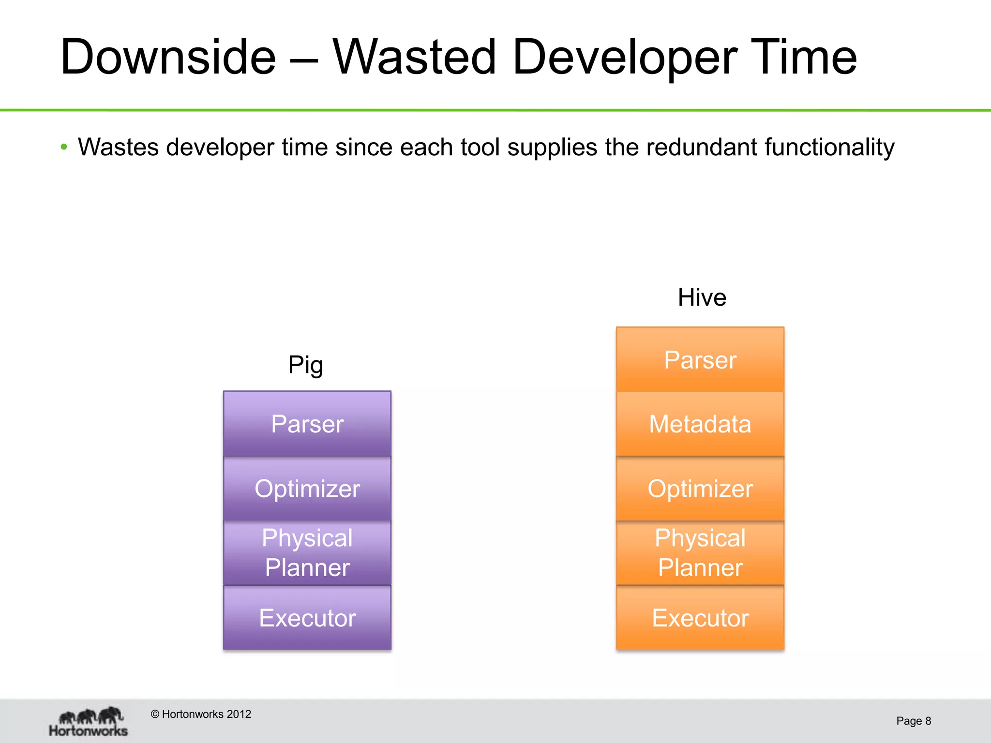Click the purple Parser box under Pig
307,424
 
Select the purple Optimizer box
307,489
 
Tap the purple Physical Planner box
307,552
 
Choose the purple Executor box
307,618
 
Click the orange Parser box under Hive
700,360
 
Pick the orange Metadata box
700,424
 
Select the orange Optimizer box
700,489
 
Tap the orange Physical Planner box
700,552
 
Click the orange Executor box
700,618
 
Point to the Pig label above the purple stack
305,365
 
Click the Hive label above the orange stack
702,297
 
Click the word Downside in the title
168,57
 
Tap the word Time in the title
803,57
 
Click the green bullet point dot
64,147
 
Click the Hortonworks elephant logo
89,721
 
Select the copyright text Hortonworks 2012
201,714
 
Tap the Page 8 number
913,721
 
